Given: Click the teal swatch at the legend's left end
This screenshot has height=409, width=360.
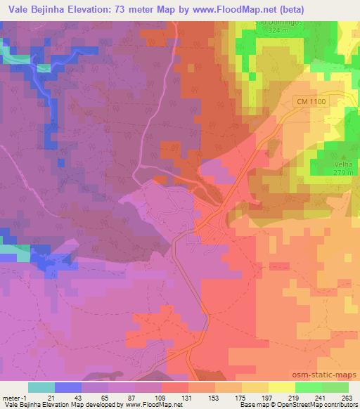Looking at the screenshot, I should [41, 387].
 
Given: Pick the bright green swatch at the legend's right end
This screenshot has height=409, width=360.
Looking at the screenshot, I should [335, 387].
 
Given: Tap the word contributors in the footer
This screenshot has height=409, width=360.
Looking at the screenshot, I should [340, 405].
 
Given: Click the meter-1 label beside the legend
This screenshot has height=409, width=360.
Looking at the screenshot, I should [13, 397].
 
